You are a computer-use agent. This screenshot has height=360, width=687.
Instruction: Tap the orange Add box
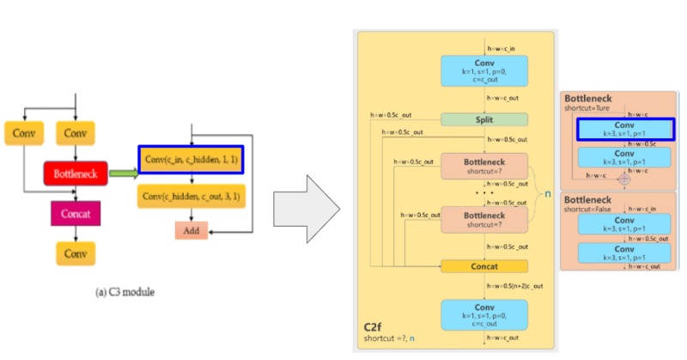192,230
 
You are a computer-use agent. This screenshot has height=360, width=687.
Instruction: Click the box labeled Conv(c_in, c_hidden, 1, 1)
191,160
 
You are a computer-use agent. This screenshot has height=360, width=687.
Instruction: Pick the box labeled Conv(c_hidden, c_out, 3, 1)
191,197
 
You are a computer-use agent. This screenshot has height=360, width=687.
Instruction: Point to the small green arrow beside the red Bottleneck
122,174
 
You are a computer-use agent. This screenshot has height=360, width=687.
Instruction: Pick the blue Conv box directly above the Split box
484,71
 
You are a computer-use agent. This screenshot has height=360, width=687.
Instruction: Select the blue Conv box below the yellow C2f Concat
484,314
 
